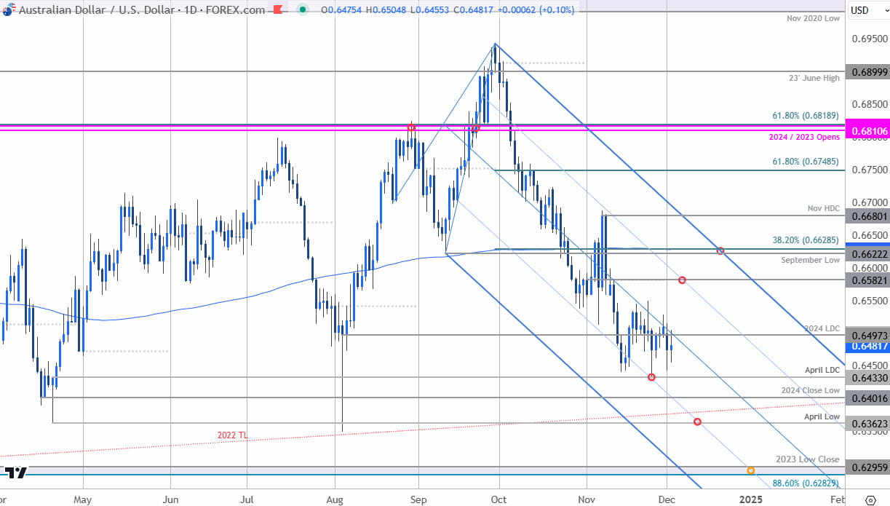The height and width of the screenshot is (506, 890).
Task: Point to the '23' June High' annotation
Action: (814, 78)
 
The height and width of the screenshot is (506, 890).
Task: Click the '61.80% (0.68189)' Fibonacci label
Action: (806, 115)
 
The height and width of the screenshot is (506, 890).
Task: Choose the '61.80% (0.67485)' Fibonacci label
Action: (806, 162)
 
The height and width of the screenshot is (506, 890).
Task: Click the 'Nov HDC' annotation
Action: (824, 207)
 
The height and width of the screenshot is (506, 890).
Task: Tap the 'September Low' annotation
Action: (811, 260)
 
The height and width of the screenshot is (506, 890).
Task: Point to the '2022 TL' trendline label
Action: (233, 435)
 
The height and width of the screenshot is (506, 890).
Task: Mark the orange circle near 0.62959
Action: (750, 470)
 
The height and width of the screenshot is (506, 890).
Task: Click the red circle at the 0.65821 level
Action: (682, 280)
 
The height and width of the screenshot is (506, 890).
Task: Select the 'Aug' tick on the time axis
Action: (334, 499)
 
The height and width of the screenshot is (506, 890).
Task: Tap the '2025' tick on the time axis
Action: (750, 499)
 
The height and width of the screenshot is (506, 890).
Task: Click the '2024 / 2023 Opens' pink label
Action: (804, 137)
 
